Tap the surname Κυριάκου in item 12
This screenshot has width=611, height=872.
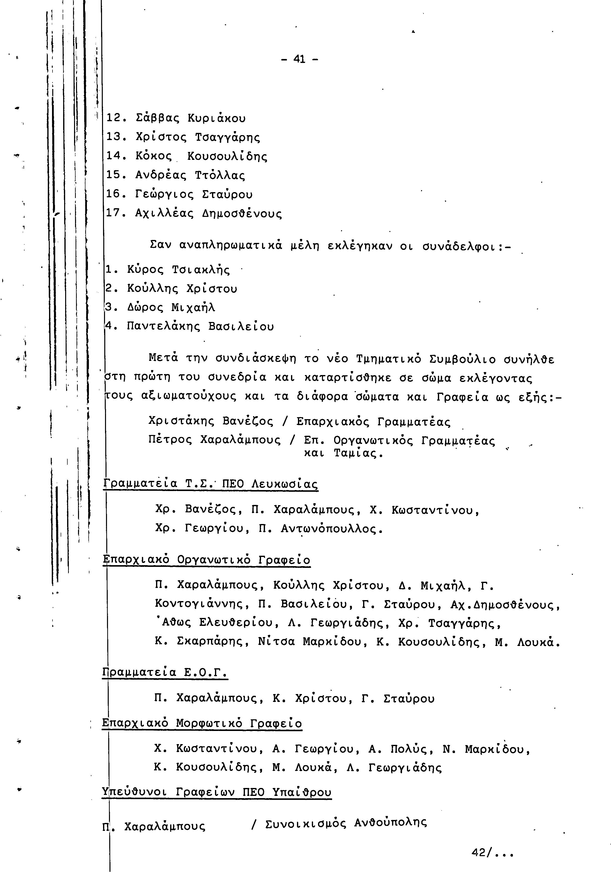(217, 118)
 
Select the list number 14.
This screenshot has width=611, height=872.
(113, 156)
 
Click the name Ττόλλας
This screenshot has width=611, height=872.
(220, 175)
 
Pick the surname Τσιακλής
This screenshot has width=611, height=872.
(201, 270)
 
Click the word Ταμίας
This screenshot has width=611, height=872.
(359, 453)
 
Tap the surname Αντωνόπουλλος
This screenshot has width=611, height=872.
(331, 529)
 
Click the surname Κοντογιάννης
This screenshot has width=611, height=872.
(202, 604)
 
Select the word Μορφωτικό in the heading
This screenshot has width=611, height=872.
(210, 724)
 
